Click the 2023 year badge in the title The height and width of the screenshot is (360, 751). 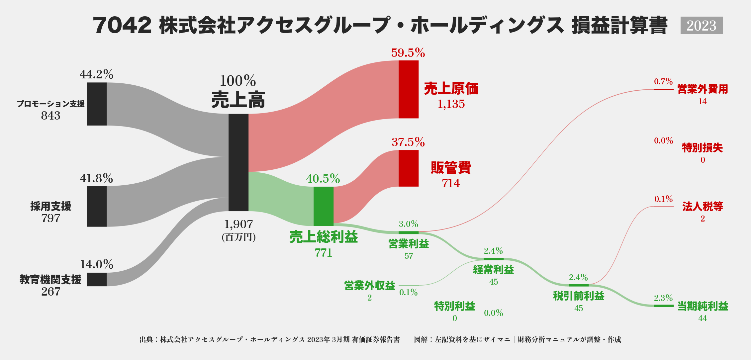(702, 26)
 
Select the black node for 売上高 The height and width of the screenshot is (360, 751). (238, 162)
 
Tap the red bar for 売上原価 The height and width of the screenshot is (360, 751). (409, 89)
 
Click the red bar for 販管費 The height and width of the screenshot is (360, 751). (409, 168)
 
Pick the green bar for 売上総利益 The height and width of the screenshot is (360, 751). (324, 206)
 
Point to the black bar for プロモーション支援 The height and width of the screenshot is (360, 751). (97, 104)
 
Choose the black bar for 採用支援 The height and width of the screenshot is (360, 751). (97, 206)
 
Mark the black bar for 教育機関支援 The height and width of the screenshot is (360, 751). (97, 279)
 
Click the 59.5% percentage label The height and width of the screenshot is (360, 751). (408, 53)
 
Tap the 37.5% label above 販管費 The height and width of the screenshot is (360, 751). (408, 142)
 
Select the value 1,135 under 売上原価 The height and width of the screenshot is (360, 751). (451, 104)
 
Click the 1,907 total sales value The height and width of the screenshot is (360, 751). (238, 225)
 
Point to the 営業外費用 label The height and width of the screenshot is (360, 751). (703, 89)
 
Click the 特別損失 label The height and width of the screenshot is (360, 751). (703, 148)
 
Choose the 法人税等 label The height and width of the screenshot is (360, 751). (703, 207)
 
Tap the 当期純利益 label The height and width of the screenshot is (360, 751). (703, 306)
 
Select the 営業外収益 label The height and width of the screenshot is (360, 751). (370, 286)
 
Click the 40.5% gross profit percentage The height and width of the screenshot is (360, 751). (323, 179)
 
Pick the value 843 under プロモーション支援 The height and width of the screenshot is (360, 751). (51, 116)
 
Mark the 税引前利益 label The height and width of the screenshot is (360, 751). (579, 296)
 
